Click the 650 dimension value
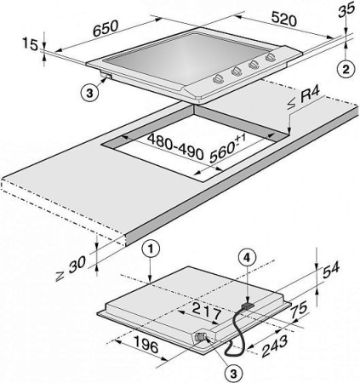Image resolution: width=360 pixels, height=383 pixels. [x=106, y=29]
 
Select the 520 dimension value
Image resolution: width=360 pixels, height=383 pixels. [x=283, y=19]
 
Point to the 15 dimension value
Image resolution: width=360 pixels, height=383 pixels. [x=30, y=44]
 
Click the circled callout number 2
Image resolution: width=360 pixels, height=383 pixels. [x=346, y=70]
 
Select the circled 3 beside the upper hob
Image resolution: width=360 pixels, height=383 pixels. [x=89, y=93]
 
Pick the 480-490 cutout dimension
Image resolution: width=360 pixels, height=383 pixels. [x=175, y=146]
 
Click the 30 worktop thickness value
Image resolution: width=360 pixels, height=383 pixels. [x=71, y=269]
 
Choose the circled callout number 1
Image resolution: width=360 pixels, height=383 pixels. [x=151, y=249]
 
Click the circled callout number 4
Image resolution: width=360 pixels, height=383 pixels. [x=248, y=258]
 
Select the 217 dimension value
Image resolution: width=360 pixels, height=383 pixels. [x=206, y=312]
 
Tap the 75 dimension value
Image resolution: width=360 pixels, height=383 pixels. [x=298, y=312]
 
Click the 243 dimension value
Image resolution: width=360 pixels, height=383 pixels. [x=274, y=346]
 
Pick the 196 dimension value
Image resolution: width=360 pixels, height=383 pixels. [x=146, y=344]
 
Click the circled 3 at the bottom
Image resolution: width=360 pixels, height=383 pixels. [x=233, y=374]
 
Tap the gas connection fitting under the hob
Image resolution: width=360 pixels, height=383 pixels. [x=201, y=337]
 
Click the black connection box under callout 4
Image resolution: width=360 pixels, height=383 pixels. [x=248, y=306]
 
